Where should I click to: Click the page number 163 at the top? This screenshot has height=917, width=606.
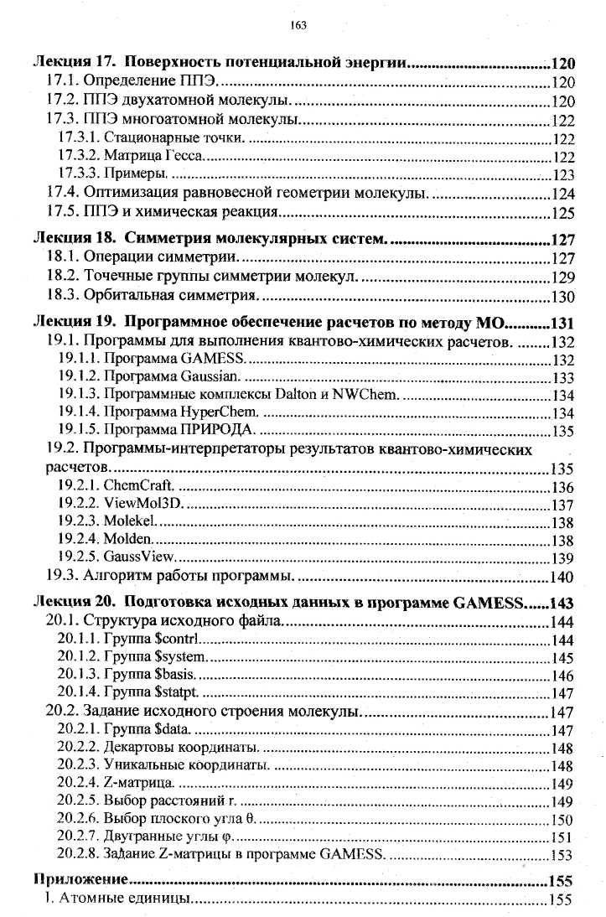click(302, 25)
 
